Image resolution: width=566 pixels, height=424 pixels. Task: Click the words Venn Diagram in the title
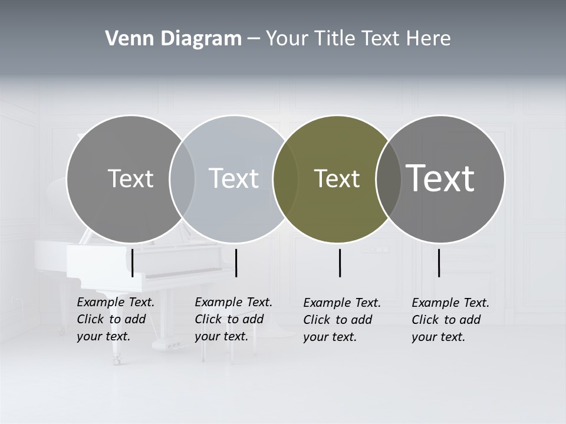coord(173,39)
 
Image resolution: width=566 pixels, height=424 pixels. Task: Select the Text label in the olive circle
coord(337,179)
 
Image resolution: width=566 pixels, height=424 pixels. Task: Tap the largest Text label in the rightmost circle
coord(440,178)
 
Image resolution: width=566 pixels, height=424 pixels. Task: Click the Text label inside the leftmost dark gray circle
coord(130,178)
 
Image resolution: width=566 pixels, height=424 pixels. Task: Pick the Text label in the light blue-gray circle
coord(233,178)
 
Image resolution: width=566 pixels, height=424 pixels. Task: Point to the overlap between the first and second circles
coord(182,179)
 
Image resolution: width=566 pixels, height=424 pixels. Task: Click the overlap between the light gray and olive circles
coord(285,179)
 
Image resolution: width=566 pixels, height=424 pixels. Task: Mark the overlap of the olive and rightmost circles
coord(389,179)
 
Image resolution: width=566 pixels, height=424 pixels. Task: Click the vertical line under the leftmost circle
coord(133,263)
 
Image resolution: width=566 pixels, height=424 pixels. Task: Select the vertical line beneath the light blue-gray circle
coord(236,263)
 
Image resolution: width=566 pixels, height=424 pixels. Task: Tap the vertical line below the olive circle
coord(340,263)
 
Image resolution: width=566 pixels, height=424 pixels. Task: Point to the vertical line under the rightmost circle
coord(439,263)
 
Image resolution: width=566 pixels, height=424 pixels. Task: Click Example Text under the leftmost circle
coord(116,302)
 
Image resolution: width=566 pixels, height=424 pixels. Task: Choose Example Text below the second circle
coord(233,302)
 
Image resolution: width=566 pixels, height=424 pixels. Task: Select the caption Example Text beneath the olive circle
coord(342,303)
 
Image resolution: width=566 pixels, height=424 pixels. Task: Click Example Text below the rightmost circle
coord(450,303)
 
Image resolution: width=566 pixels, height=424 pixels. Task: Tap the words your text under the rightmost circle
coord(438,337)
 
